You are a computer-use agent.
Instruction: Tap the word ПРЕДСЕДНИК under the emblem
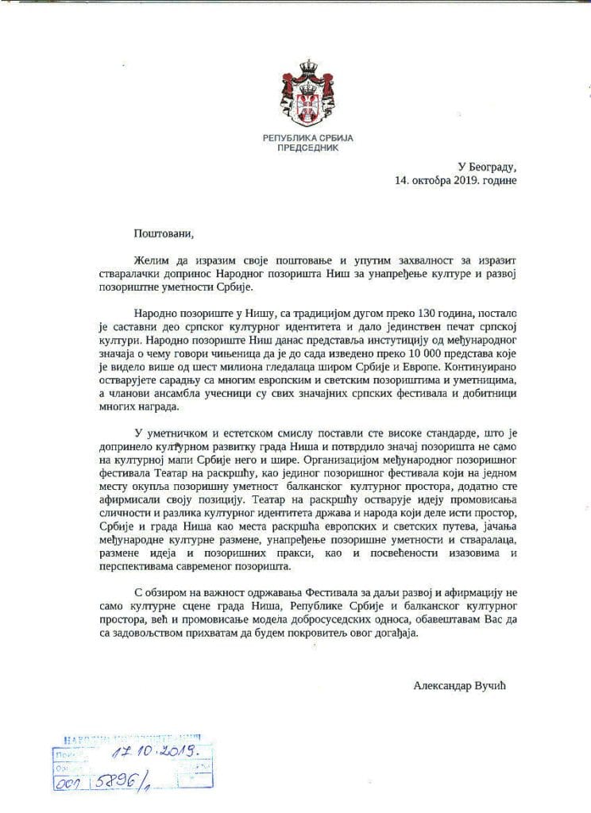(x=308, y=148)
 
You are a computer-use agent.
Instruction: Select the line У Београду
(x=487, y=168)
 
